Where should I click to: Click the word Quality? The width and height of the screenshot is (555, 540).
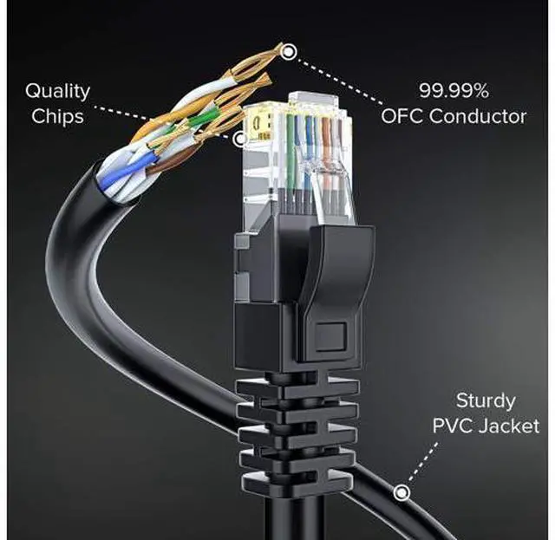tap(56, 90)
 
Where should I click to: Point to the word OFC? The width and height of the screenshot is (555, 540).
tap(408, 116)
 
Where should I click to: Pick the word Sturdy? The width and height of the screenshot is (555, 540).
tap(486, 401)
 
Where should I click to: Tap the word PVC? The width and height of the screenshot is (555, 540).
tap(456, 426)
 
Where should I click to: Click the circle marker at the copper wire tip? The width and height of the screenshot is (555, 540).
tap(290, 52)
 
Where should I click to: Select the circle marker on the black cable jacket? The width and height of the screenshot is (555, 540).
tap(402, 492)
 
